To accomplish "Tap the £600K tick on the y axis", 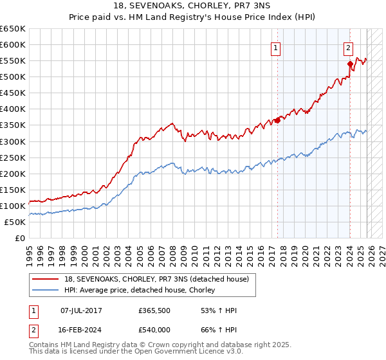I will [x=13, y=45].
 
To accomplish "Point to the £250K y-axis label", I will [x=13, y=157].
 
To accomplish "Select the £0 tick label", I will [x=20, y=238].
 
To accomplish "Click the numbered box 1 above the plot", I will [x=276, y=47].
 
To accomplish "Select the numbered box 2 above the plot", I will [x=348, y=47].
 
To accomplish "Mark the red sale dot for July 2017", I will [x=277, y=120].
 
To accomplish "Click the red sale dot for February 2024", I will [x=350, y=64].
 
